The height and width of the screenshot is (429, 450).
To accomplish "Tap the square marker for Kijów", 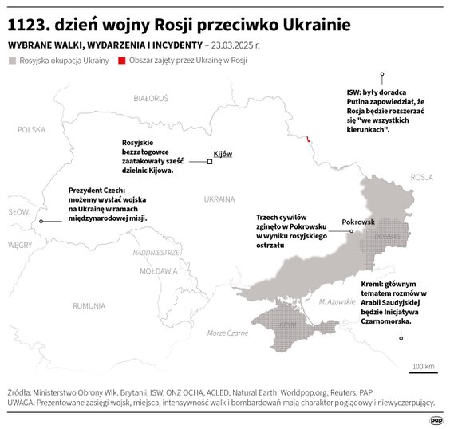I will (x=210, y=162).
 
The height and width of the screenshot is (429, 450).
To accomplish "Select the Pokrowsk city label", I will (x=357, y=222).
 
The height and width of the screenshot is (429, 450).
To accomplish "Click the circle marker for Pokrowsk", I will (x=351, y=231).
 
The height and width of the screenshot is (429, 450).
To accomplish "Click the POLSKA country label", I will (x=33, y=128).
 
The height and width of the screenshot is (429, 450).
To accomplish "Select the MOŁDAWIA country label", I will (x=158, y=271).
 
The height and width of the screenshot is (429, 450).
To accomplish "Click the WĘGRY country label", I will (x=19, y=246).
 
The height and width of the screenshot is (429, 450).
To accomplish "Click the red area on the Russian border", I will (x=310, y=140).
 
